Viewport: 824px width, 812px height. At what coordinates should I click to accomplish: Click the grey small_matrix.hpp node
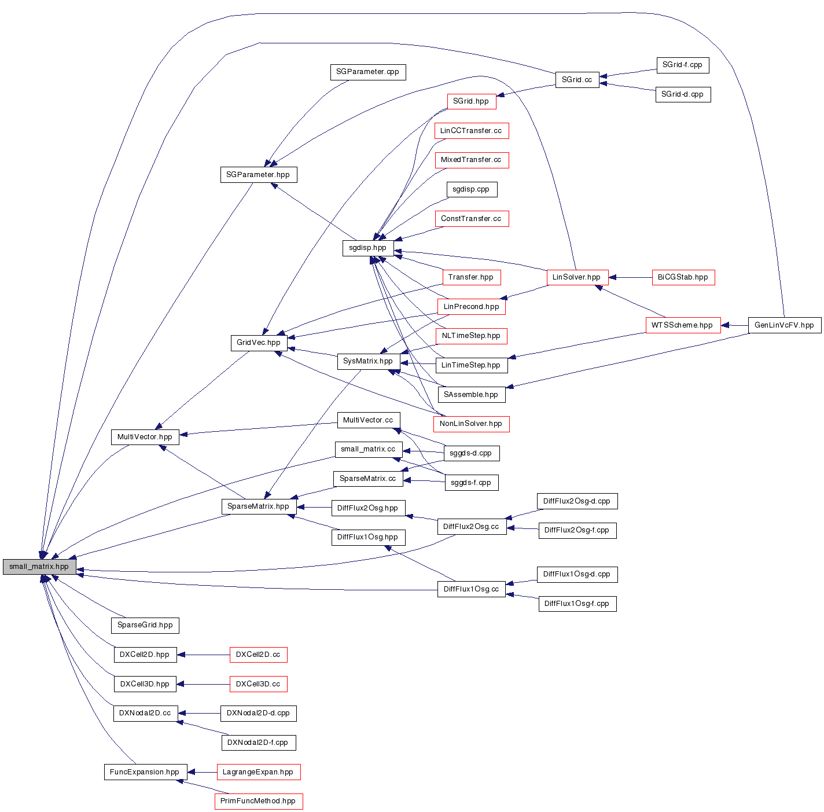pos(39,567)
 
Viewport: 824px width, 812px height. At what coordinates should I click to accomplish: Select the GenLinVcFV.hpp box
pos(784,325)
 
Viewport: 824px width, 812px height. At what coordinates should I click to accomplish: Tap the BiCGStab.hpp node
pos(683,277)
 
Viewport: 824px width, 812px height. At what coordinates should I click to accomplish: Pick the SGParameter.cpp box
pos(367,72)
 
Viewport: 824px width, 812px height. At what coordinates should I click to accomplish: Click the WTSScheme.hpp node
pos(682,325)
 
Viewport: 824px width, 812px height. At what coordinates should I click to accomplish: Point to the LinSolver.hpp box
pos(577,277)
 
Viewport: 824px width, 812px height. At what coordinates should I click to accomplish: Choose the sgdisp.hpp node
pos(367,248)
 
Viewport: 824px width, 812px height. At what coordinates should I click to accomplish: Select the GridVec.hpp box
pos(259,343)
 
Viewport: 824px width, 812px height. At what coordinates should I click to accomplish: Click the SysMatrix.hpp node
pos(368,361)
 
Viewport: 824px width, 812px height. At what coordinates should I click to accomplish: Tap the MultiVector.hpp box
pos(145,437)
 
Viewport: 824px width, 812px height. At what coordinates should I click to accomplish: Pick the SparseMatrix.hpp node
pos(258,506)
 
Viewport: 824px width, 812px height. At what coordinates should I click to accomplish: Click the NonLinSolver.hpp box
pos(471,424)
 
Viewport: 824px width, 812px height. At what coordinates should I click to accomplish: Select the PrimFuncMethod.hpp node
pos(258,801)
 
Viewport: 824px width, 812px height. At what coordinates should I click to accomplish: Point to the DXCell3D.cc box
pos(258,684)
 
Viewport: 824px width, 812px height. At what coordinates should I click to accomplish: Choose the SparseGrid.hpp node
pos(145,625)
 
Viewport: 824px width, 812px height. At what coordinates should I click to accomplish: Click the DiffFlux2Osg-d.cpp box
pos(577,501)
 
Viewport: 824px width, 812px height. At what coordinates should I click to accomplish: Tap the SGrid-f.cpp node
pos(682,65)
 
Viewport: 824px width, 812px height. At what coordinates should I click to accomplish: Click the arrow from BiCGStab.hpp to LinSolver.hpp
pos(630,277)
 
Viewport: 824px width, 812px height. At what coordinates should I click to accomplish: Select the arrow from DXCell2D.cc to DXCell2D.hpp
pos(203,655)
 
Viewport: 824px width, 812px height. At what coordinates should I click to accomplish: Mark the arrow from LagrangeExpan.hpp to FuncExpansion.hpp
pos(202,772)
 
